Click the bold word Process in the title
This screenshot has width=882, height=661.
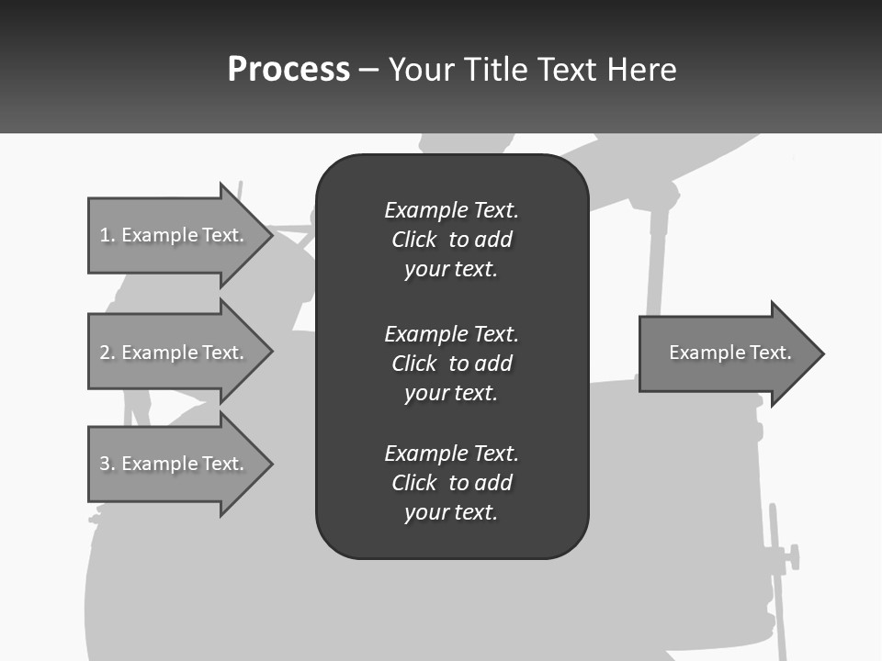tap(288, 70)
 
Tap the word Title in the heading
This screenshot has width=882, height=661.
tap(494, 70)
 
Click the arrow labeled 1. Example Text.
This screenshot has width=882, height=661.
tap(175, 235)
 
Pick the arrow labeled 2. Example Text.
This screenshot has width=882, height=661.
tap(175, 353)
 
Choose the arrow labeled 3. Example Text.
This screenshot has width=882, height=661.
tap(175, 464)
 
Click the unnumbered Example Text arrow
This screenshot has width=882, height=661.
tap(726, 353)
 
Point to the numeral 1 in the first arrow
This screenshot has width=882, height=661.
tap(105, 235)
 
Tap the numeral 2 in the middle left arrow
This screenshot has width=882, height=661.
tap(105, 353)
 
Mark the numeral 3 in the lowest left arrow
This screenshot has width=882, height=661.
tap(105, 464)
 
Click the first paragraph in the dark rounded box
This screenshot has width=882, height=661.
tap(451, 240)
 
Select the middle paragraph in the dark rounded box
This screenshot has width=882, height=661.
tap(451, 364)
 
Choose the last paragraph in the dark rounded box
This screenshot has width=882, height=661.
tap(451, 483)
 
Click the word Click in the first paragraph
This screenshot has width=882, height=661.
tap(413, 241)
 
